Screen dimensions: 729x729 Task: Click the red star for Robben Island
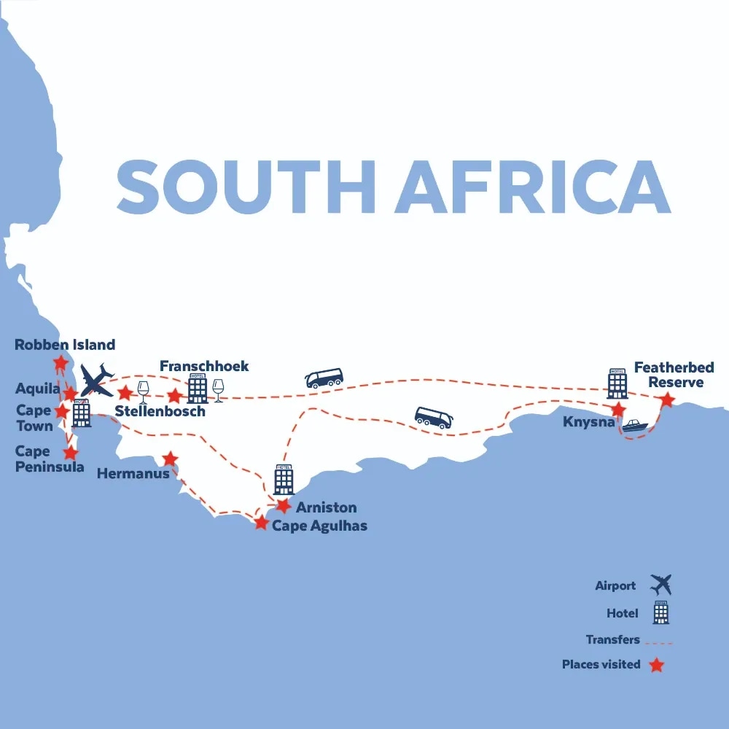(61, 362)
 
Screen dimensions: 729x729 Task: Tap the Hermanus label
(133, 473)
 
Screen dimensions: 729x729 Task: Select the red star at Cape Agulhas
(261, 522)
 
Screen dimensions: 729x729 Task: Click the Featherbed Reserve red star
(666, 400)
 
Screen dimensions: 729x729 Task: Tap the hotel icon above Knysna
(617, 383)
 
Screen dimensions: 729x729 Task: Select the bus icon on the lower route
(434, 418)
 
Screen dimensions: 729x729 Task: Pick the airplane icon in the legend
(661, 585)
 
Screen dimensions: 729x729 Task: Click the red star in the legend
(657, 664)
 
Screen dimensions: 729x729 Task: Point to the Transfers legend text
(612, 639)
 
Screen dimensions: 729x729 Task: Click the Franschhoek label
(204, 366)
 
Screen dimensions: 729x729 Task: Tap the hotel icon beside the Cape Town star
(81, 413)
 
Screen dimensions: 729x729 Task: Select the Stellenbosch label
(160, 411)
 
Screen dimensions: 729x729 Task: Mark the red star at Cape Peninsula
(70, 453)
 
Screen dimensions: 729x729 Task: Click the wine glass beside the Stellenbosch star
(144, 391)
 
